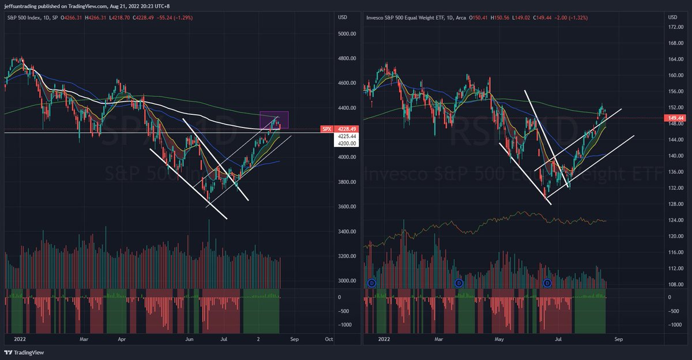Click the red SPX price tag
coord(326,129)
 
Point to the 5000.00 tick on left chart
coord(347,33)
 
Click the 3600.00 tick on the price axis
coord(347,207)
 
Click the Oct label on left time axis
coord(329,339)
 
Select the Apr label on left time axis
coord(122,339)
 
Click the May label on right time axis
coord(500,339)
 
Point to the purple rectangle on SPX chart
coord(273,119)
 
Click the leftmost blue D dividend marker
coord(372,283)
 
